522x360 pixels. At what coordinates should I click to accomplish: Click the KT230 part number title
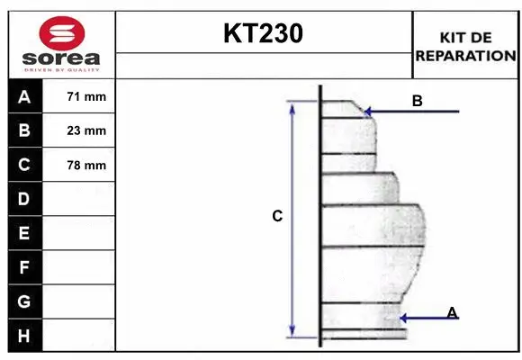point(263,33)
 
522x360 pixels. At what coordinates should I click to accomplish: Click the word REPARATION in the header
point(465,55)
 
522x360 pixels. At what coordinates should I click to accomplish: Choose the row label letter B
point(24,130)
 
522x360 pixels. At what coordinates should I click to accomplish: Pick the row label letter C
point(24,165)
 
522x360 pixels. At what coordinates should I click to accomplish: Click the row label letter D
point(24,199)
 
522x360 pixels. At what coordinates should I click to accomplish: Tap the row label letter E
point(24,233)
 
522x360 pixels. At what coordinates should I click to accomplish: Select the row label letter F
point(24,267)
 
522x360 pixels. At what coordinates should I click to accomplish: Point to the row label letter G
point(24,301)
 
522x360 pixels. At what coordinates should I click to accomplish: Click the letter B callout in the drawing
point(417,101)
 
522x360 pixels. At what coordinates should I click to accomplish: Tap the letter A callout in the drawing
point(452,312)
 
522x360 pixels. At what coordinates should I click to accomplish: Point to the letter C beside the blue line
point(277,216)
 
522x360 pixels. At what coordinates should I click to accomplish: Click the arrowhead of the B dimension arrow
point(367,112)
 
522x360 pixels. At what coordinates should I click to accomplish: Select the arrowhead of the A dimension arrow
point(403,318)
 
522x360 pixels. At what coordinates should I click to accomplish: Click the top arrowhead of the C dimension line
point(292,104)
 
